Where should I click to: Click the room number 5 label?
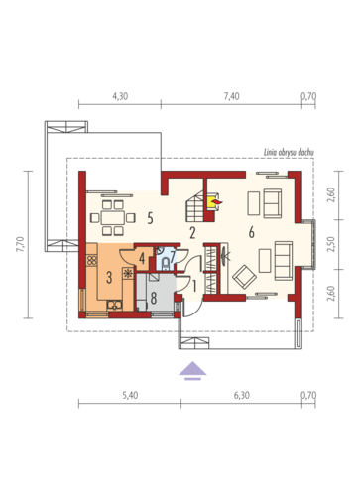click(x=150, y=218)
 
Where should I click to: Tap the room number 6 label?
click(x=251, y=233)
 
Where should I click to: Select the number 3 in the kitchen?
click(x=109, y=277)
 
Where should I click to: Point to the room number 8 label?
click(x=154, y=298)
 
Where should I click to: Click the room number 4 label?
click(x=142, y=258)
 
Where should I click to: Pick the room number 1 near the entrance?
click(x=194, y=286)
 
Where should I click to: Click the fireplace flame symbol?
click(x=217, y=200)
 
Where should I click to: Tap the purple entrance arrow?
click(x=193, y=371)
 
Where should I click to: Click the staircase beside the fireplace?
click(x=194, y=207)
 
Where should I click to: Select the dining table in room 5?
click(x=113, y=218)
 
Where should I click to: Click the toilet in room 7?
click(x=166, y=264)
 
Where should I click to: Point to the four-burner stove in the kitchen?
click(x=92, y=260)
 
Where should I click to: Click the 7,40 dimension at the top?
click(x=232, y=96)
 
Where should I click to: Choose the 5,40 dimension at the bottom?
click(x=130, y=395)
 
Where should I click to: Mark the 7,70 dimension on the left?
click(x=21, y=245)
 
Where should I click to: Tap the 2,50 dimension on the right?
click(x=331, y=244)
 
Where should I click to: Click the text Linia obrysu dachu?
click(x=289, y=153)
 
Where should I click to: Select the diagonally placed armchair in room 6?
click(x=244, y=277)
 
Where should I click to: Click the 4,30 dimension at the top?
click(x=120, y=96)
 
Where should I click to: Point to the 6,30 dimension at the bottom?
click(x=242, y=395)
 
